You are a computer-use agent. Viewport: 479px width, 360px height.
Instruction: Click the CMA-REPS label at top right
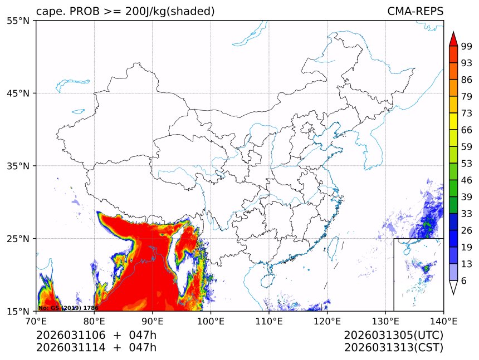[x=415, y=12]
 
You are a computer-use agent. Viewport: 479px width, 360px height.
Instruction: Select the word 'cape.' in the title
[x=49, y=12]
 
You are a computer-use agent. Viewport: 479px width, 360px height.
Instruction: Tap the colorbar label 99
[x=466, y=46]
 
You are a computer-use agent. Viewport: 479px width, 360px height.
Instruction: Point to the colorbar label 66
[x=466, y=130]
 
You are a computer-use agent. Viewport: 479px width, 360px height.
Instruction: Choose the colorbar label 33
[x=466, y=214]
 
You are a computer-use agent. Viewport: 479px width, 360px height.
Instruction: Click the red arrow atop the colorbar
[x=453, y=39]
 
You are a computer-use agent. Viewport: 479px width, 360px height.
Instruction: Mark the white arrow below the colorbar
[x=453, y=287]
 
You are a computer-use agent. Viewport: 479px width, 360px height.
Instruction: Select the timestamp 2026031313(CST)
[x=393, y=348]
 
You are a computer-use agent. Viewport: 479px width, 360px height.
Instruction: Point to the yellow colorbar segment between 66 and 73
[x=453, y=121]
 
